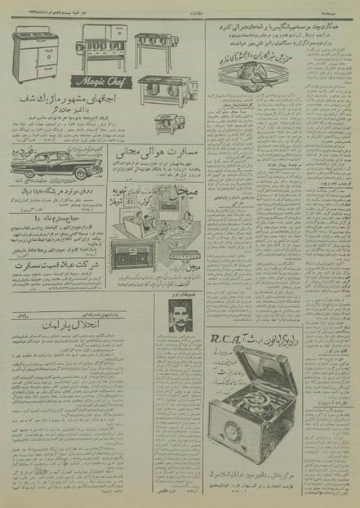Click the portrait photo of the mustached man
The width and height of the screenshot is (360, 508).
[180, 315]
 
